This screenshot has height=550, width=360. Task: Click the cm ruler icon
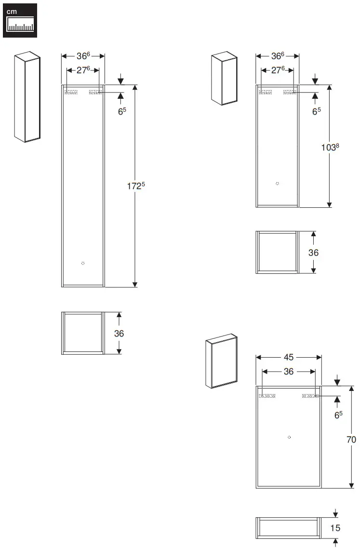coord(20,20)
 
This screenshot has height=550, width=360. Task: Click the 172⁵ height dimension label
coord(136,186)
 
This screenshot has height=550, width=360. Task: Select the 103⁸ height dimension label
coord(330,147)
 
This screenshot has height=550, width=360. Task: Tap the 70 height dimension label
coord(351,439)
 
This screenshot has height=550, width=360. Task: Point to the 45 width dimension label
coord(288,357)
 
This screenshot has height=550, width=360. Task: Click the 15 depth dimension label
coord(335,528)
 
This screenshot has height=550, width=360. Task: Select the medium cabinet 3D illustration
coord(225,79)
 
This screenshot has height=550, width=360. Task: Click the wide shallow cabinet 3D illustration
coord(221,361)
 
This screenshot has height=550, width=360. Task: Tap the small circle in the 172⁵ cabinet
coord(83,263)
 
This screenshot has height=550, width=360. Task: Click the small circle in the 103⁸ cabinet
coord(277,184)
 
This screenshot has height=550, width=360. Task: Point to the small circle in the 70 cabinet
coord(289,437)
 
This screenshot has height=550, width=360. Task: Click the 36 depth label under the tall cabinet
coord(119,333)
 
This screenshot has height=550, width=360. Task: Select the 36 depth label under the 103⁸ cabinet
coord(313,253)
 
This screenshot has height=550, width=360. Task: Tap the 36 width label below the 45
coord(288,372)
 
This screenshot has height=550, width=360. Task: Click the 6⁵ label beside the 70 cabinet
coord(338,415)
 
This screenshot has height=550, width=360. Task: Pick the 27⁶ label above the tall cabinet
coord(82,70)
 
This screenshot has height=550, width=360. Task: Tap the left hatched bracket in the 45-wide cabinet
coord(267,396)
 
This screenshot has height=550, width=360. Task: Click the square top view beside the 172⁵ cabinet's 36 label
coord(82,333)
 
